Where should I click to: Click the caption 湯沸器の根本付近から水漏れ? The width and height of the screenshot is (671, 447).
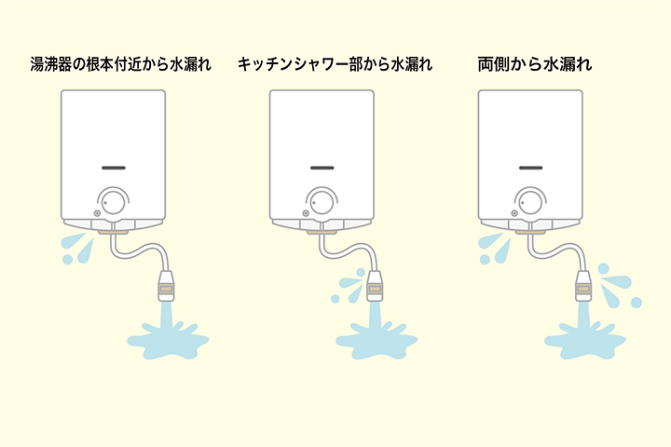coord(122,66)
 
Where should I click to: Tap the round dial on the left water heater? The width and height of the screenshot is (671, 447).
coord(114,201)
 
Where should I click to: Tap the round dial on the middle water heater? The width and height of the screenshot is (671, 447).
coord(322,201)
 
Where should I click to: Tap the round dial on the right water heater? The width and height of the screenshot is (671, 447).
coord(530,201)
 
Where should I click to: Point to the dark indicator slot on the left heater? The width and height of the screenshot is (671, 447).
coord(114,169)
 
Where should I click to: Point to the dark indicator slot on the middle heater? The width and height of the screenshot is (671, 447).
coord(322,169)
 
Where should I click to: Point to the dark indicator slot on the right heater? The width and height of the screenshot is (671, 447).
coord(530,169)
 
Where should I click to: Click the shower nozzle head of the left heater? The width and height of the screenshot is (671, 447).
coord(168,283)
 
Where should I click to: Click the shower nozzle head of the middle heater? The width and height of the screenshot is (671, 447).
coord(377,283)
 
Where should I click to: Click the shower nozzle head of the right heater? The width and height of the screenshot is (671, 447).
coord(584,283)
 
